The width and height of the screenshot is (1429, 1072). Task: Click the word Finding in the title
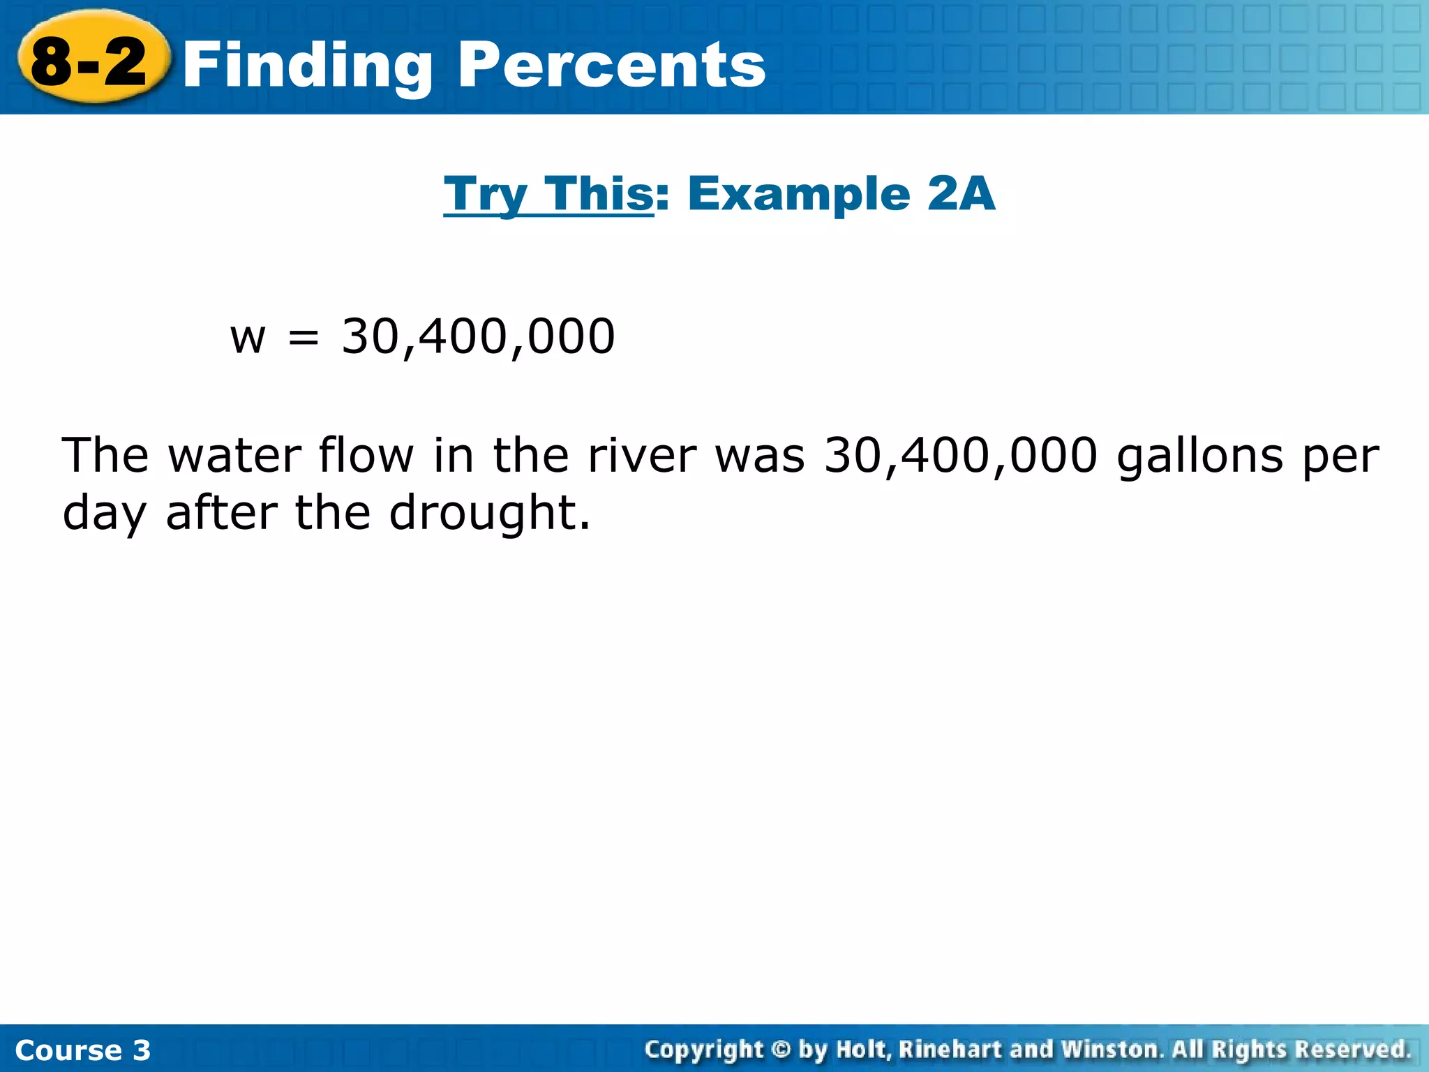[308, 66]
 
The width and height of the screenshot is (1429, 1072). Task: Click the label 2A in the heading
[960, 193]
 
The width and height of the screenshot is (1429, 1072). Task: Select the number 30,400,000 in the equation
[478, 337]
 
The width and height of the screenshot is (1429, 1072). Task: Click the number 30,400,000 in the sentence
[961, 456]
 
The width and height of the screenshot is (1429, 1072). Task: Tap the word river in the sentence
[642, 456]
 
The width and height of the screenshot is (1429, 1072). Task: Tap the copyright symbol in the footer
[780, 1049]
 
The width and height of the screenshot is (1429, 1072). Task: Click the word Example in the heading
[799, 193]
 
